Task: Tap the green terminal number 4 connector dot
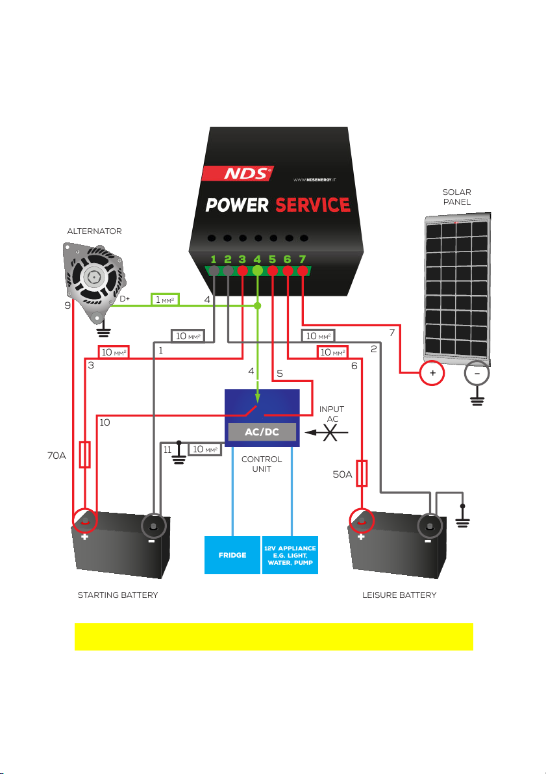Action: tap(257, 270)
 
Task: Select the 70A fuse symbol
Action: tap(85, 454)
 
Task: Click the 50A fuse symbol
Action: tap(362, 473)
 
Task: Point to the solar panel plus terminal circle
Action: tap(432, 372)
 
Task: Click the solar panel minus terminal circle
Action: tap(477, 372)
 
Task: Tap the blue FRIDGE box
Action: tap(232, 555)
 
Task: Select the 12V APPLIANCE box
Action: tap(290, 555)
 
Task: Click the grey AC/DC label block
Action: tap(262, 432)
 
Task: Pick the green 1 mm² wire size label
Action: tap(165, 300)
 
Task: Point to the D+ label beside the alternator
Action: tap(125, 299)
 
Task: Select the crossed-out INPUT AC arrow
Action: tap(327, 432)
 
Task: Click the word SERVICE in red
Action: tap(313, 205)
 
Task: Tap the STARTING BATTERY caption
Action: tap(118, 595)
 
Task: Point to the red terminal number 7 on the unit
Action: tap(303, 270)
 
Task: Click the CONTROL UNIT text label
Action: tap(262, 464)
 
